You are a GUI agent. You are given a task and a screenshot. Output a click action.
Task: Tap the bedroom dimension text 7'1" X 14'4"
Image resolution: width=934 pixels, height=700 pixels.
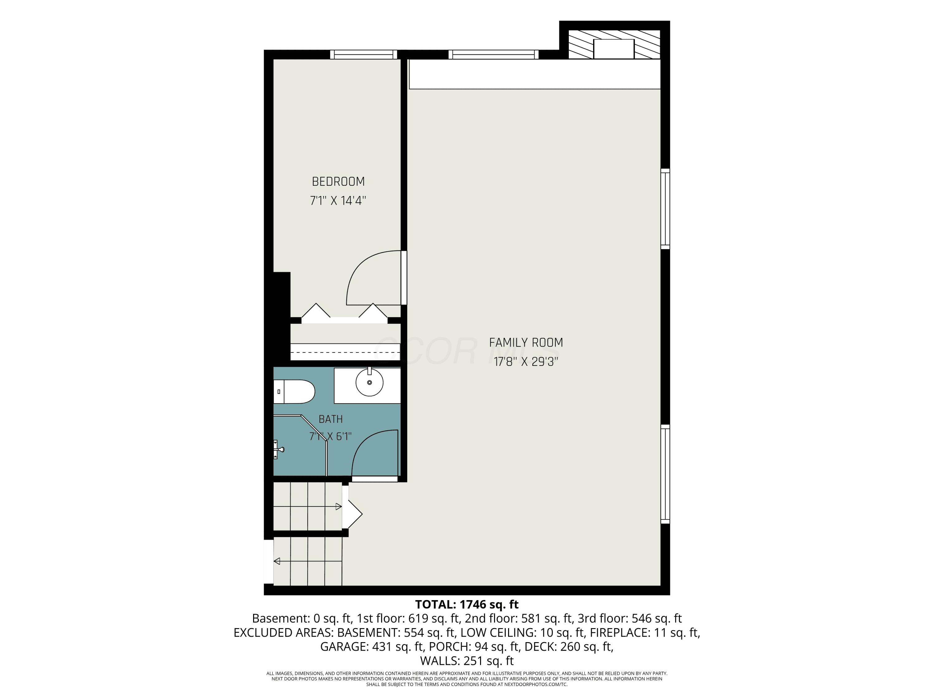338,200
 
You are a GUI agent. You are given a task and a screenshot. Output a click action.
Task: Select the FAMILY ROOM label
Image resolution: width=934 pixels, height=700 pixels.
526,343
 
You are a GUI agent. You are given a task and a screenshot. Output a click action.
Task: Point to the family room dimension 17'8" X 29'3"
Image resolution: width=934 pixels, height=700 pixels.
526,362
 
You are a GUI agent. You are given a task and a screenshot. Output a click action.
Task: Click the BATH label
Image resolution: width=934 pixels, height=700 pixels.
331,419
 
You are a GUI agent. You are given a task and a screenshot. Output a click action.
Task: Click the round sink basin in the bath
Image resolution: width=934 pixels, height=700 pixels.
370,382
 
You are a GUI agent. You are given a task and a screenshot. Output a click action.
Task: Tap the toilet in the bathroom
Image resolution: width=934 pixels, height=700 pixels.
294,392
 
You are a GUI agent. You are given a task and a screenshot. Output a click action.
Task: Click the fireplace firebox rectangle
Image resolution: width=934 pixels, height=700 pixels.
614,49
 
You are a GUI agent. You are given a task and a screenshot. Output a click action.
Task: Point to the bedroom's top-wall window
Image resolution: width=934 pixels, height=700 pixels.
364,54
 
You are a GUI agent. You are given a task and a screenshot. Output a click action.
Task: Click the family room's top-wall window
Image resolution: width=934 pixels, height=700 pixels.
493,54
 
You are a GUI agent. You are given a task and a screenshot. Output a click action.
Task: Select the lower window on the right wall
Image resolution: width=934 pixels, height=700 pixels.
665,474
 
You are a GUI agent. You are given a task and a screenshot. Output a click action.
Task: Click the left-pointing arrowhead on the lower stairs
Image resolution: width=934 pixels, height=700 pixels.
277,561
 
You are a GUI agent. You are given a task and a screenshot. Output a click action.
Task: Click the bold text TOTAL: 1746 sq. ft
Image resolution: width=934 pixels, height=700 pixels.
467,604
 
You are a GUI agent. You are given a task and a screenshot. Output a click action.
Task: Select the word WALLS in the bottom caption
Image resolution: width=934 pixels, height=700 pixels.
440,660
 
